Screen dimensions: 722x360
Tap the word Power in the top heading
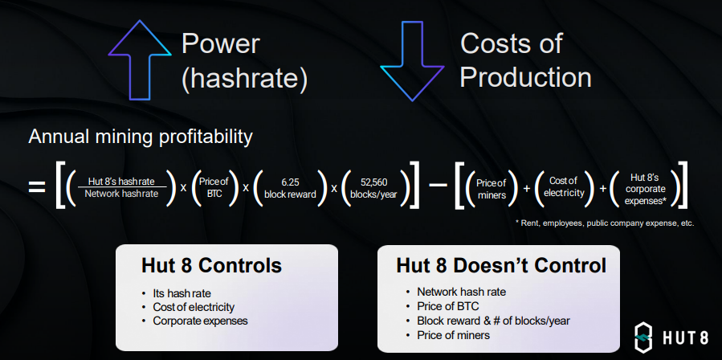[x=221, y=43]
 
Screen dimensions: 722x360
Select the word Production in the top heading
[x=525, y=77]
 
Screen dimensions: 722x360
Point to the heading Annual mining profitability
[x=141, y=137]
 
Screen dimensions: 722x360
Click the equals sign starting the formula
[x=37, y=187]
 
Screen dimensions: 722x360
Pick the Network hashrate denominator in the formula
[x=121, y=194]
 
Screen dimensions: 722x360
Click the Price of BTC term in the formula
[x=214, y=187]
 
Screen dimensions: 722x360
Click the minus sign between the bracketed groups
[x=438, y=186]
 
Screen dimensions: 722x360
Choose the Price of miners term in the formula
[x=492, y=189]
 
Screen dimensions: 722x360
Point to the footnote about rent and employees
[x=604, y=223]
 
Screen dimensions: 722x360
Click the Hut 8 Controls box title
[x=211, y=266]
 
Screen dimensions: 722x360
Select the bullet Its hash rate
[x=182, y=293]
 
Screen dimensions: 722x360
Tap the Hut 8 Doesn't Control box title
[x=501, y=266]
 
